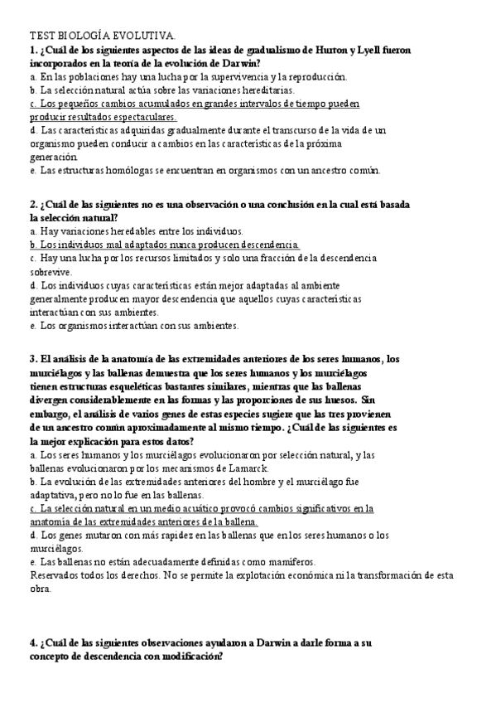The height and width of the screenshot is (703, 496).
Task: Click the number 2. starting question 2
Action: pyautogui.click(x=33, y=204)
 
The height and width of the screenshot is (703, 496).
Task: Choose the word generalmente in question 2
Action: pyautogui.click(x=58, y=298)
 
